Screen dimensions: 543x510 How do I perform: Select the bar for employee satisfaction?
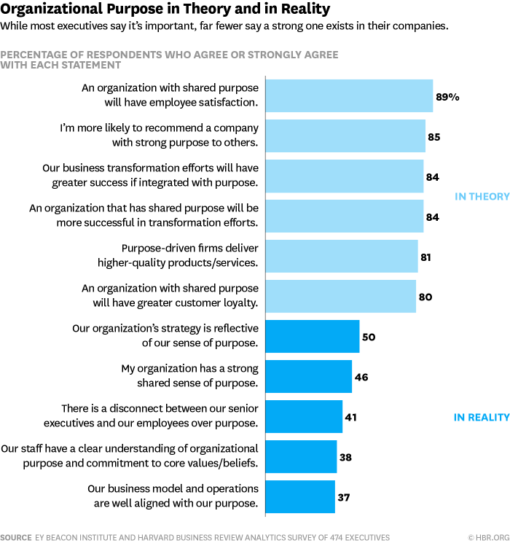click(349, 96)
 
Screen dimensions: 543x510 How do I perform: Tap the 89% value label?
click(448, 96)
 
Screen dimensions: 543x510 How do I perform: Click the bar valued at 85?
click(345, 136)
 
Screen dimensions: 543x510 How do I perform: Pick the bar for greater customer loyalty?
click(340, 297)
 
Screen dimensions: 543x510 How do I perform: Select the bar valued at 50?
click(313, 337)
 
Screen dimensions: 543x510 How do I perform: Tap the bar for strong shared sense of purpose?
click(309, 377)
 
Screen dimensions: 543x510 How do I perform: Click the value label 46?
click(361, 377)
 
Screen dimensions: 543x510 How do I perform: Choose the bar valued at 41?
click(304, 417)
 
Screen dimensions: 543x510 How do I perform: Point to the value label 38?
click(347, 457)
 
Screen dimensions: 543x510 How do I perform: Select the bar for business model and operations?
click(300, 497)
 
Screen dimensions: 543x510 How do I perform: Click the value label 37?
click(345, 497)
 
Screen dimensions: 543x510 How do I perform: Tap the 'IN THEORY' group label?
click(482, 196)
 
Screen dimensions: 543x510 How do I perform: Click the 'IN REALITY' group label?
click(481, 417)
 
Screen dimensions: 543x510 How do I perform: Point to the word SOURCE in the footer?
click(16, 536)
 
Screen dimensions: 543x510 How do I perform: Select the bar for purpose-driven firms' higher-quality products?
click(342, 257)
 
